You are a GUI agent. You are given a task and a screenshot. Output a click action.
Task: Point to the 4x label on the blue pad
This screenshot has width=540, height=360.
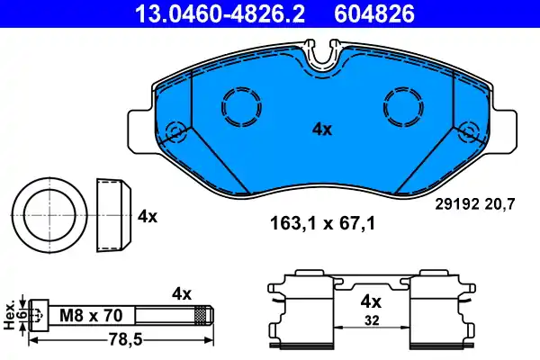pyautogui.click(x=321, y=130)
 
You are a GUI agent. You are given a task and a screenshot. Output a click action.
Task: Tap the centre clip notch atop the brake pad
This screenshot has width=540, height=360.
pyautogui.click(x=321, y=55)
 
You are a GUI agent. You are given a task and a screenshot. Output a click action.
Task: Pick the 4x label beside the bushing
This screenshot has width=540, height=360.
pyautogui.click(x=148, y=216)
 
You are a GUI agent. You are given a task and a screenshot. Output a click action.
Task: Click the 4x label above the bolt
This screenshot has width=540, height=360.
pyautogui.click(x=183, y=293)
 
